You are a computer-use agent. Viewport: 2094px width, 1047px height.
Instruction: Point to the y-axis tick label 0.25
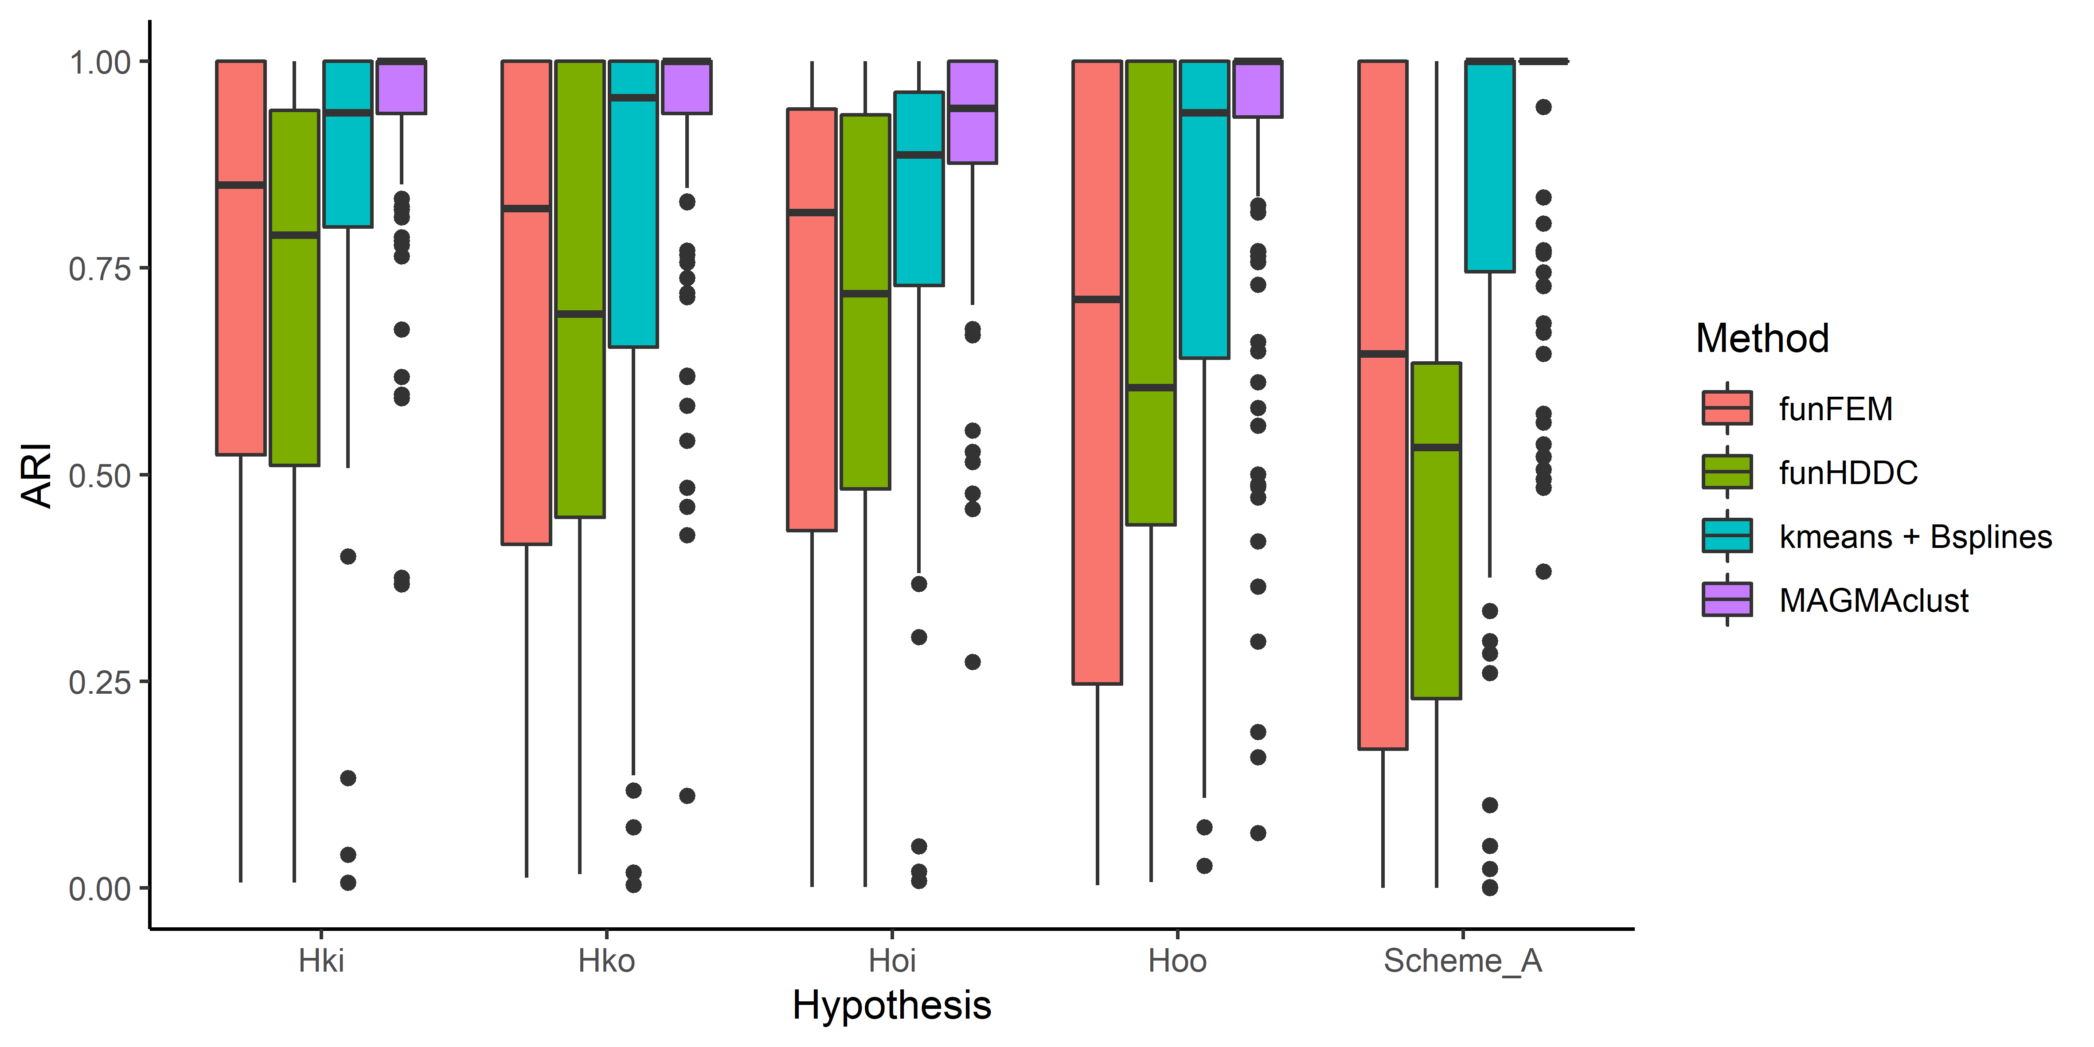click(99, 682)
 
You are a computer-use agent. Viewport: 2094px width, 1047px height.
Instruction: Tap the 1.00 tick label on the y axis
click(99, 63)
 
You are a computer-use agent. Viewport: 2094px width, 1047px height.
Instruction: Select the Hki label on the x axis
click(321, 961)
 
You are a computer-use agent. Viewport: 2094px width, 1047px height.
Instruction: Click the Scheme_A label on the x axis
click(1462, 961)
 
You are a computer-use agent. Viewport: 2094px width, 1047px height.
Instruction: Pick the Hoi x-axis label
click(892, 961)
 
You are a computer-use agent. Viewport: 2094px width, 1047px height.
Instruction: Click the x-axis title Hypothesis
click(892, 1005)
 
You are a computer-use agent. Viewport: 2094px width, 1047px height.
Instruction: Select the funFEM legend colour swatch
click(1727, 408)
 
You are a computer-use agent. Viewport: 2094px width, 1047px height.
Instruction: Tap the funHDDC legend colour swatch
click(1727, 472)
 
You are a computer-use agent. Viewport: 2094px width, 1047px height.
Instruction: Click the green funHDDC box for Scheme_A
click(1436, 569)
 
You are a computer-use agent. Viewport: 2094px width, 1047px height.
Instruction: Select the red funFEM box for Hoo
click(1098, 488)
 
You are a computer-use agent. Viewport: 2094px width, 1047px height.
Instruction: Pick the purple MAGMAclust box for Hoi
click(972, 134)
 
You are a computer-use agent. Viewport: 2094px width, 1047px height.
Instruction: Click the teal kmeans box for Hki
click(348, 171)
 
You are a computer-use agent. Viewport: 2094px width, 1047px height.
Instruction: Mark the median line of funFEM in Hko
click(526, 209)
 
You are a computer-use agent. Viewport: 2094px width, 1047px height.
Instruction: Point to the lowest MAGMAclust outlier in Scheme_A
click(1543, 571)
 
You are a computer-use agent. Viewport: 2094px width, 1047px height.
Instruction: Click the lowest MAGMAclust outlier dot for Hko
click(687, 795)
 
